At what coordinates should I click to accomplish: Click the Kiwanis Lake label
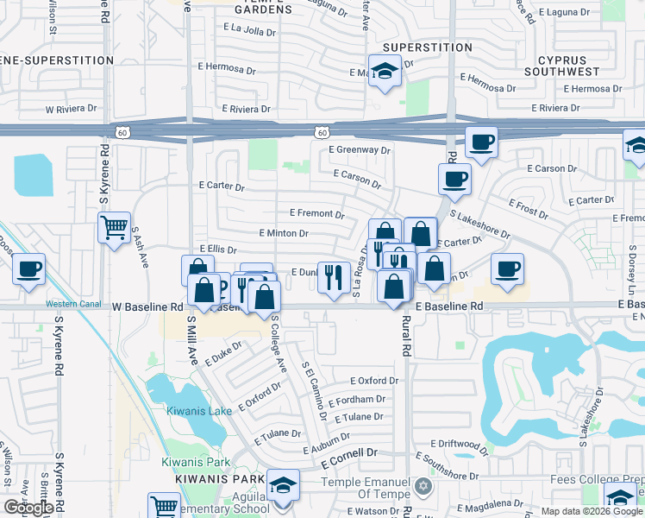coord(199,411)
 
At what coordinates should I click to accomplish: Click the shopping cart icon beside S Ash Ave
coord(114,229)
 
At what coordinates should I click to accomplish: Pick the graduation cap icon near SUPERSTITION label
coord(385,70)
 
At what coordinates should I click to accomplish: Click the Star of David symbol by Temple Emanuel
coord(422,487)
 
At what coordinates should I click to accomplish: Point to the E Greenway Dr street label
coord(360,149)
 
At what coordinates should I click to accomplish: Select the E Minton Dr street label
coord(284,233)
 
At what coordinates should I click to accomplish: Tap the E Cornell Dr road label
coord(350,453)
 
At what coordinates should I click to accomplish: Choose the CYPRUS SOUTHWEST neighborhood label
coord(567,66)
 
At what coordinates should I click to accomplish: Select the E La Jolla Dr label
coord(249,28)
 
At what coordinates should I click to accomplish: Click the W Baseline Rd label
coord(148,306)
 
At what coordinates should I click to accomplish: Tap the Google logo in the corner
coord(28,508)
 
